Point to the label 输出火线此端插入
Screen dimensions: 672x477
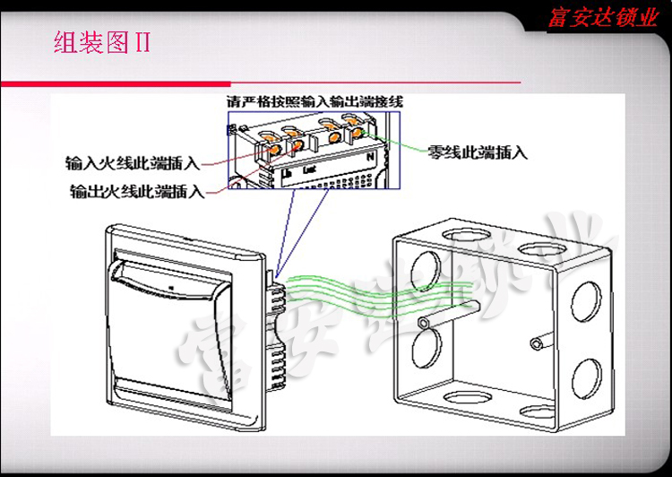[136, 191]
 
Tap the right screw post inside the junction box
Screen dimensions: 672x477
[537, 342]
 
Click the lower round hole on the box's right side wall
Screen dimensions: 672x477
[587, 377]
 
